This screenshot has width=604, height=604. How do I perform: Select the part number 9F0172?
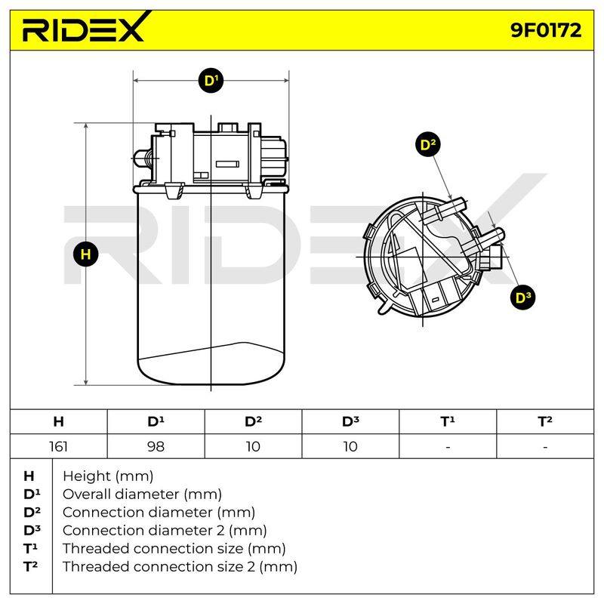(x=546, y=30)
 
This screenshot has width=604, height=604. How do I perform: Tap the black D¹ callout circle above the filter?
(x=211, y=81)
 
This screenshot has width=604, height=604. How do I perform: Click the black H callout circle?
(x=85, y=254)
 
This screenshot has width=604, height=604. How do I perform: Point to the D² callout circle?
(x=428, y=145)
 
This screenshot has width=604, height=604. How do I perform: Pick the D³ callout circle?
(x=522, y=297)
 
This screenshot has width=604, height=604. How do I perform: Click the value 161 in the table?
(x=59, y=447)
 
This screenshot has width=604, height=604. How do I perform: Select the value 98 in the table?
(x=156, y=447)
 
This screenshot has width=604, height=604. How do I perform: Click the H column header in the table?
(x=59, y=422)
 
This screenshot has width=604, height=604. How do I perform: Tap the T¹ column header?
(x=448, y=421)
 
